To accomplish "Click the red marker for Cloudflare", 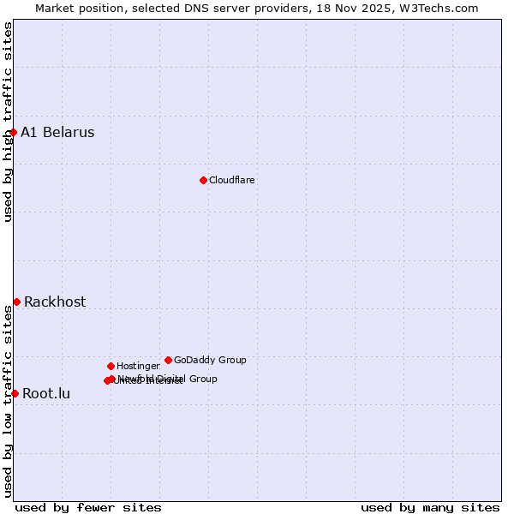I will [x=203, y=180].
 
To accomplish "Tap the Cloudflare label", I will [x=232, y=180].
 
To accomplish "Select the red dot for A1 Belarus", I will [x=14, y=132].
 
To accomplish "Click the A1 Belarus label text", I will [x=57, y=132].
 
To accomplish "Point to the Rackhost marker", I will [x=16, y=302].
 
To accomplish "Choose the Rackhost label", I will [x=55, y=302].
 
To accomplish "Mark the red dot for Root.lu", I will [x=15, y=393].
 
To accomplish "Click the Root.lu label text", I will [x=46, y=394].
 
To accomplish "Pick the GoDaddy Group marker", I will [x=168, y=360].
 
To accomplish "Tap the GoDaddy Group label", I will [x=210, y=360].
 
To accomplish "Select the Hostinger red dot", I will [x=111, y=366].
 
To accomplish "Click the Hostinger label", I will [x=138, y=367].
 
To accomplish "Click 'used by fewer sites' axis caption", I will [x=88, y=507].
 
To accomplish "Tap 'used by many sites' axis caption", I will [x=430, y=507].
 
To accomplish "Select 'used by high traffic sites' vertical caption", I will [x=8, y=122].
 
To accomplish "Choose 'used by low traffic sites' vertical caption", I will [x=8, y=400].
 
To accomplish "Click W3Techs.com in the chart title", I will [x=436, y=8].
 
